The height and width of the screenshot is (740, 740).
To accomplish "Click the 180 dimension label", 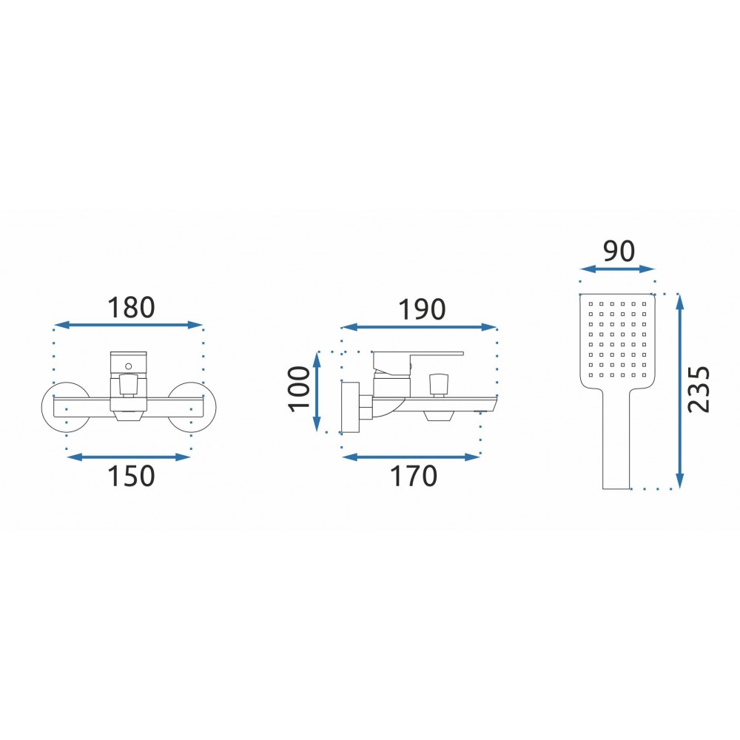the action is point(131,308).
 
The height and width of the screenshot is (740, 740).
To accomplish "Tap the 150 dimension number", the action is point(131,476).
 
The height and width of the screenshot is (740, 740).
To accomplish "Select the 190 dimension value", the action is point(422,309).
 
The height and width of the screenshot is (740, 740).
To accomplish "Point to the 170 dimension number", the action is point(414,476).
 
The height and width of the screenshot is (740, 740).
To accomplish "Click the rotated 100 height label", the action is point(299,389).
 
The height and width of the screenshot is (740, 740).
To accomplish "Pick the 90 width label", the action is point(619,251).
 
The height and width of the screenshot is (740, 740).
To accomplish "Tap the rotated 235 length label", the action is point(699,389).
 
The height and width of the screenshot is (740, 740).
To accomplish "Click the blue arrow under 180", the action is point(128,325).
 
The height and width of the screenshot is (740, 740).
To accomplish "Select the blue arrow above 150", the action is point(128,457).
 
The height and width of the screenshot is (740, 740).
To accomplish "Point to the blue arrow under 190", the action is point(419,327).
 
